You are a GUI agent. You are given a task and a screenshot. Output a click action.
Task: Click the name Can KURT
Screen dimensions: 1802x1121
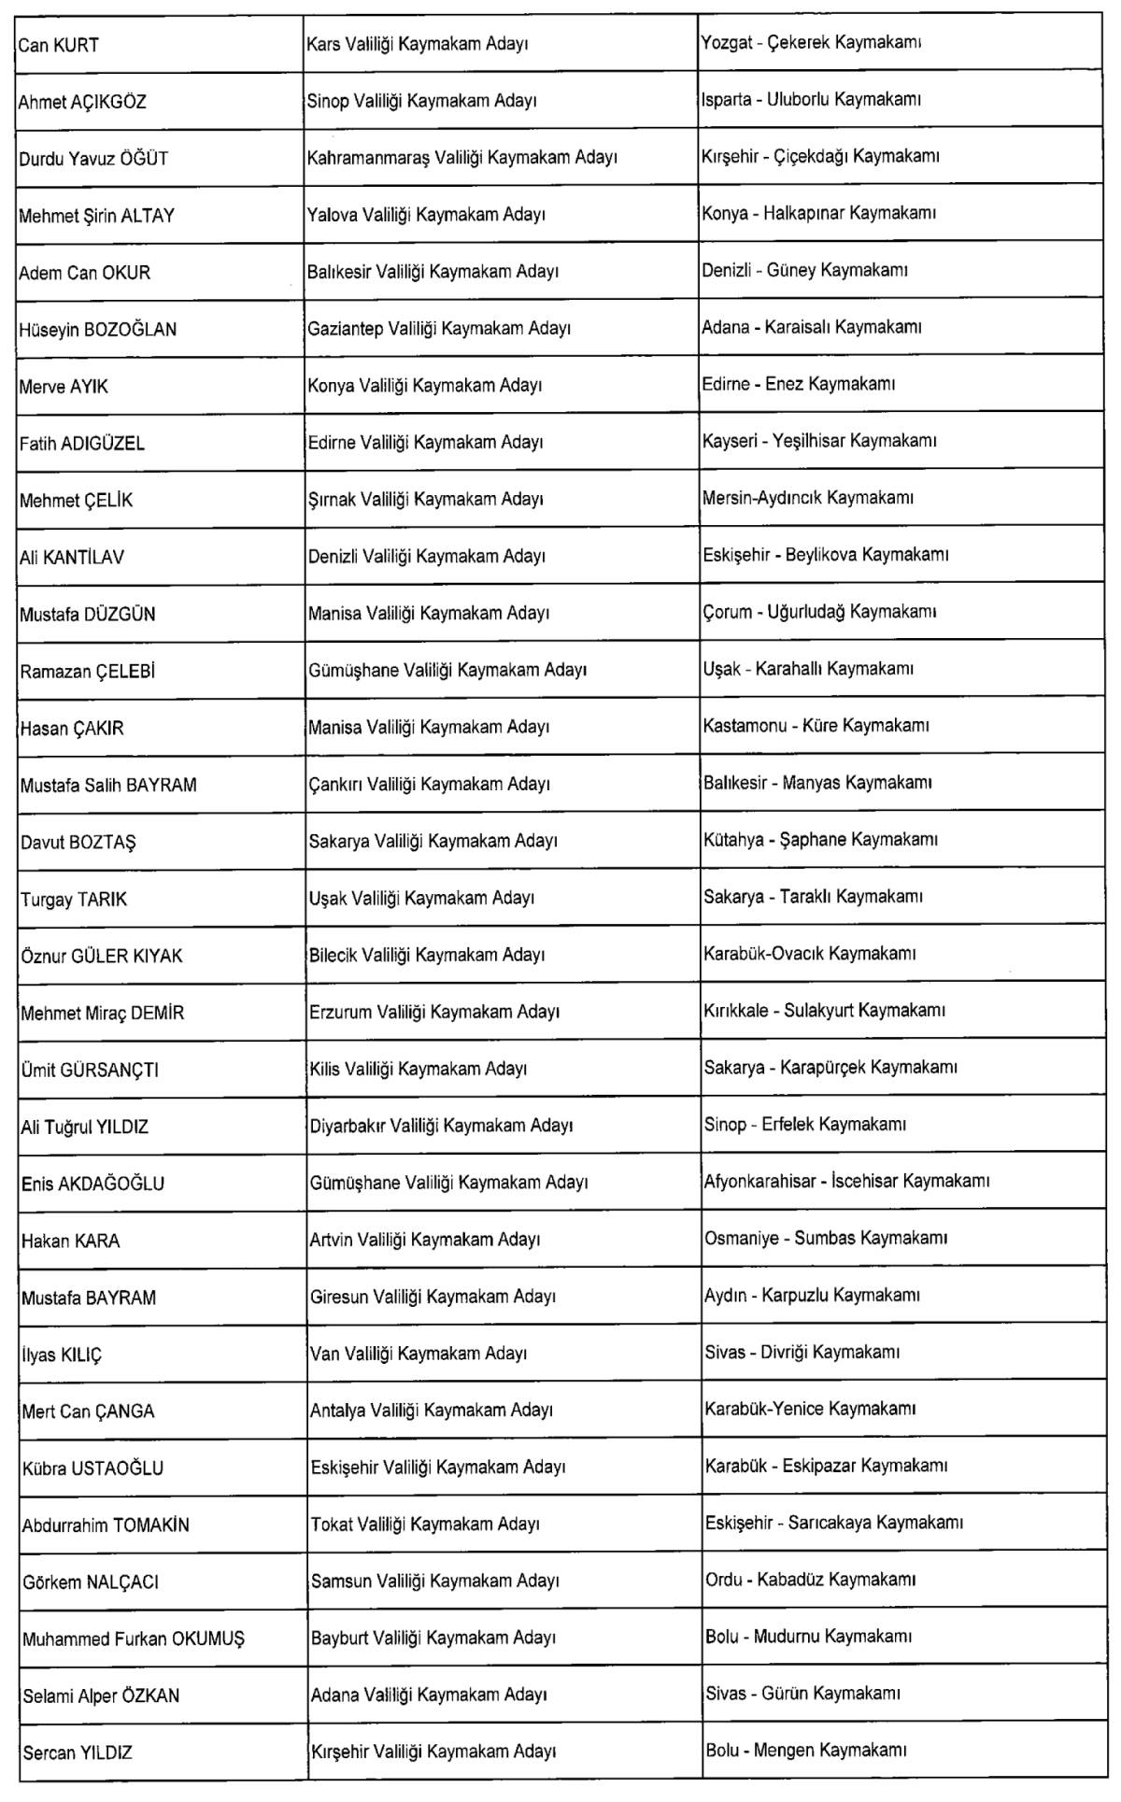click(x=59, y=45)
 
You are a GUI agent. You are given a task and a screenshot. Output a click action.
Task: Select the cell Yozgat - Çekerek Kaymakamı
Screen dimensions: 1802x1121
click(x=812, y=43)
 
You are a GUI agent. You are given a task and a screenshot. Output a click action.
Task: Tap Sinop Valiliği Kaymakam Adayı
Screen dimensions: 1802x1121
click(x=421, y=101)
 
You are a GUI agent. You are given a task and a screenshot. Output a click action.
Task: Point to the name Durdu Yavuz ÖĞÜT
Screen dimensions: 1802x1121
click(x=93, y=159)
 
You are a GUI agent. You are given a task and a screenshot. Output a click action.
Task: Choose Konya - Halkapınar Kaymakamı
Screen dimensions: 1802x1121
click(x=818, y=213)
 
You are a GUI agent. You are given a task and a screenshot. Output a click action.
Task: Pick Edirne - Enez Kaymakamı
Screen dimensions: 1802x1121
click(x=799, y=384)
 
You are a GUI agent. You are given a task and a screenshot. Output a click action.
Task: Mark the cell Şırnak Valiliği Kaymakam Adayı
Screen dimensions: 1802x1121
click(x=425, y=499)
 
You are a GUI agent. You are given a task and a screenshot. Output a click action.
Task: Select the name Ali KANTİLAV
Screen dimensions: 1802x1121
click(x=72, y=558)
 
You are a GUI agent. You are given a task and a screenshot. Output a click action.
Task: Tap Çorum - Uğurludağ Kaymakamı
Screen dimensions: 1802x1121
click(x=819, y=612)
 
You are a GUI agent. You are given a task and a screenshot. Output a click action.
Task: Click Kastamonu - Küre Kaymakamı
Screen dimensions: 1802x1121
click(x=816, y=726)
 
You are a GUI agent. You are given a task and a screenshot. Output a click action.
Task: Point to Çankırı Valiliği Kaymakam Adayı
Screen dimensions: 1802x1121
click(x=429, y=784)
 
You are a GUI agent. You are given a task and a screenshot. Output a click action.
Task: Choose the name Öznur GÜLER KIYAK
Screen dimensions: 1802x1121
click(x=102, y=957)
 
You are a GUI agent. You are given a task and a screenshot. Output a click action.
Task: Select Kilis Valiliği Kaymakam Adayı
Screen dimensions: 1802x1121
click(x=419, y=1069)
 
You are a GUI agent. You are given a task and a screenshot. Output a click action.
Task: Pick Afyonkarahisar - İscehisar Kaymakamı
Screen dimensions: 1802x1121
click(x=846, y=1182)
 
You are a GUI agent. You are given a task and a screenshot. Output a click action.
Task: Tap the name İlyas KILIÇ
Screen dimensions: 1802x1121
click(x=62, y=1355)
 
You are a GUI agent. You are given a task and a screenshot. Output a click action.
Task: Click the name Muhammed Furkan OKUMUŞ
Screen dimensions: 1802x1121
click(x=134, y=1639)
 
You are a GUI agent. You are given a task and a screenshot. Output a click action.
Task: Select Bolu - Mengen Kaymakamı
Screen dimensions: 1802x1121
click(x=806, y=1751)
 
